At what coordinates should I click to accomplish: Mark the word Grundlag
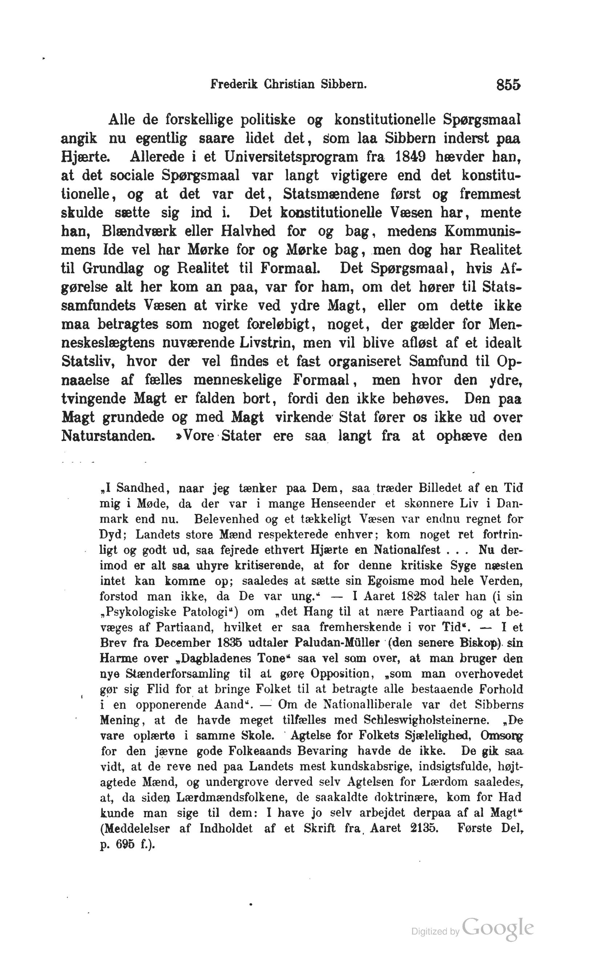tap(113, 268)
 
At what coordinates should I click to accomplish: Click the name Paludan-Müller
tap(337, 643)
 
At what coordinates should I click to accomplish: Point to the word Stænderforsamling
tap(178, 674)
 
